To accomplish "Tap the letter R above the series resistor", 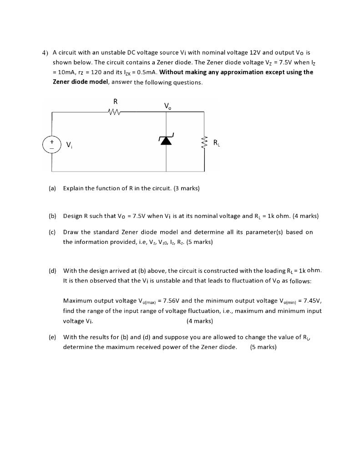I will click(x=115, y=101).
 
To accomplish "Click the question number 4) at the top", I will click(x=45, y=52).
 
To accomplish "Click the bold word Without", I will click(x=173, y=72).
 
